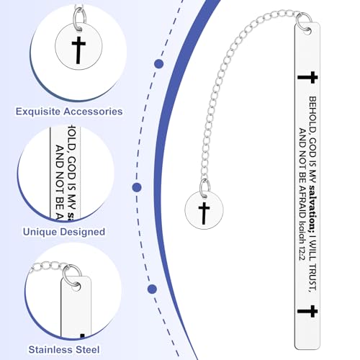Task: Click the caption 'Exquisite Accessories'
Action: [x=69, y=112]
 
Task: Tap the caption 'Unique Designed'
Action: [x=64, y=232]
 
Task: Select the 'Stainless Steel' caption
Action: [x=64, y=350]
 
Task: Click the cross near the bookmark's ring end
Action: [x=307, y=77]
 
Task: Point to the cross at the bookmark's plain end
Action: [x=307, y=311]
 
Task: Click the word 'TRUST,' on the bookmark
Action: [x=312, y=277]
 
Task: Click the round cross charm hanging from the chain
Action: [x=204, y=210]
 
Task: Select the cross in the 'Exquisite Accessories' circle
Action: [x=78, y=50]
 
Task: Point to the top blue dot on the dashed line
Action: [x=159, y=64]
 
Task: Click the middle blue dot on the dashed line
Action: [x=137, y=187]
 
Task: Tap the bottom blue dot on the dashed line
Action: [x=152, y=289]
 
